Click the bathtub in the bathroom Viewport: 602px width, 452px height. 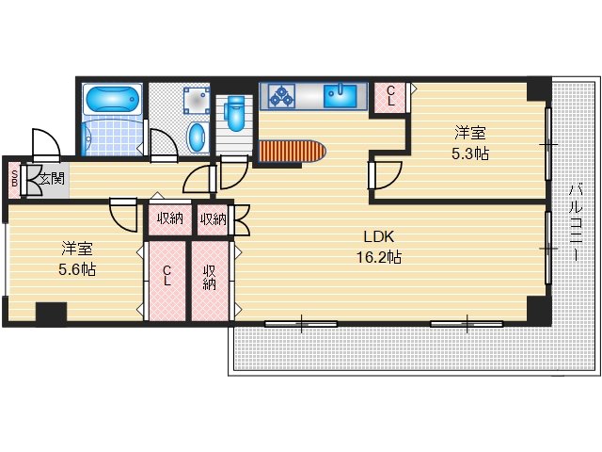(113, 99)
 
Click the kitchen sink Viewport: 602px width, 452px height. (341, 96)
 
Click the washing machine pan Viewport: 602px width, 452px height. (197, 101)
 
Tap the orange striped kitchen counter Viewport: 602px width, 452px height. (293, 151)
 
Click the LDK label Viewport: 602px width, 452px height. (378, 236)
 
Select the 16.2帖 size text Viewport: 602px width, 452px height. (379, 257)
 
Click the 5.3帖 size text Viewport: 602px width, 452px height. (470, 153)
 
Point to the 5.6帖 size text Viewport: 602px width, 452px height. (77, 269)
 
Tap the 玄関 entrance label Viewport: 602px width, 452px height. (53, 179)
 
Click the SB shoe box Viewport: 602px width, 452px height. (15, 180)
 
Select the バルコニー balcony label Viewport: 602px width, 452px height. (576, 222)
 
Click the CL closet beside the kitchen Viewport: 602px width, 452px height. (389, 98)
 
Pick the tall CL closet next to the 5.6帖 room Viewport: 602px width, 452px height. (167, 281)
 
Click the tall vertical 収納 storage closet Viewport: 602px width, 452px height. (210, 281)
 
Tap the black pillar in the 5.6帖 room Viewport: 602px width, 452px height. (52, 313)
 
